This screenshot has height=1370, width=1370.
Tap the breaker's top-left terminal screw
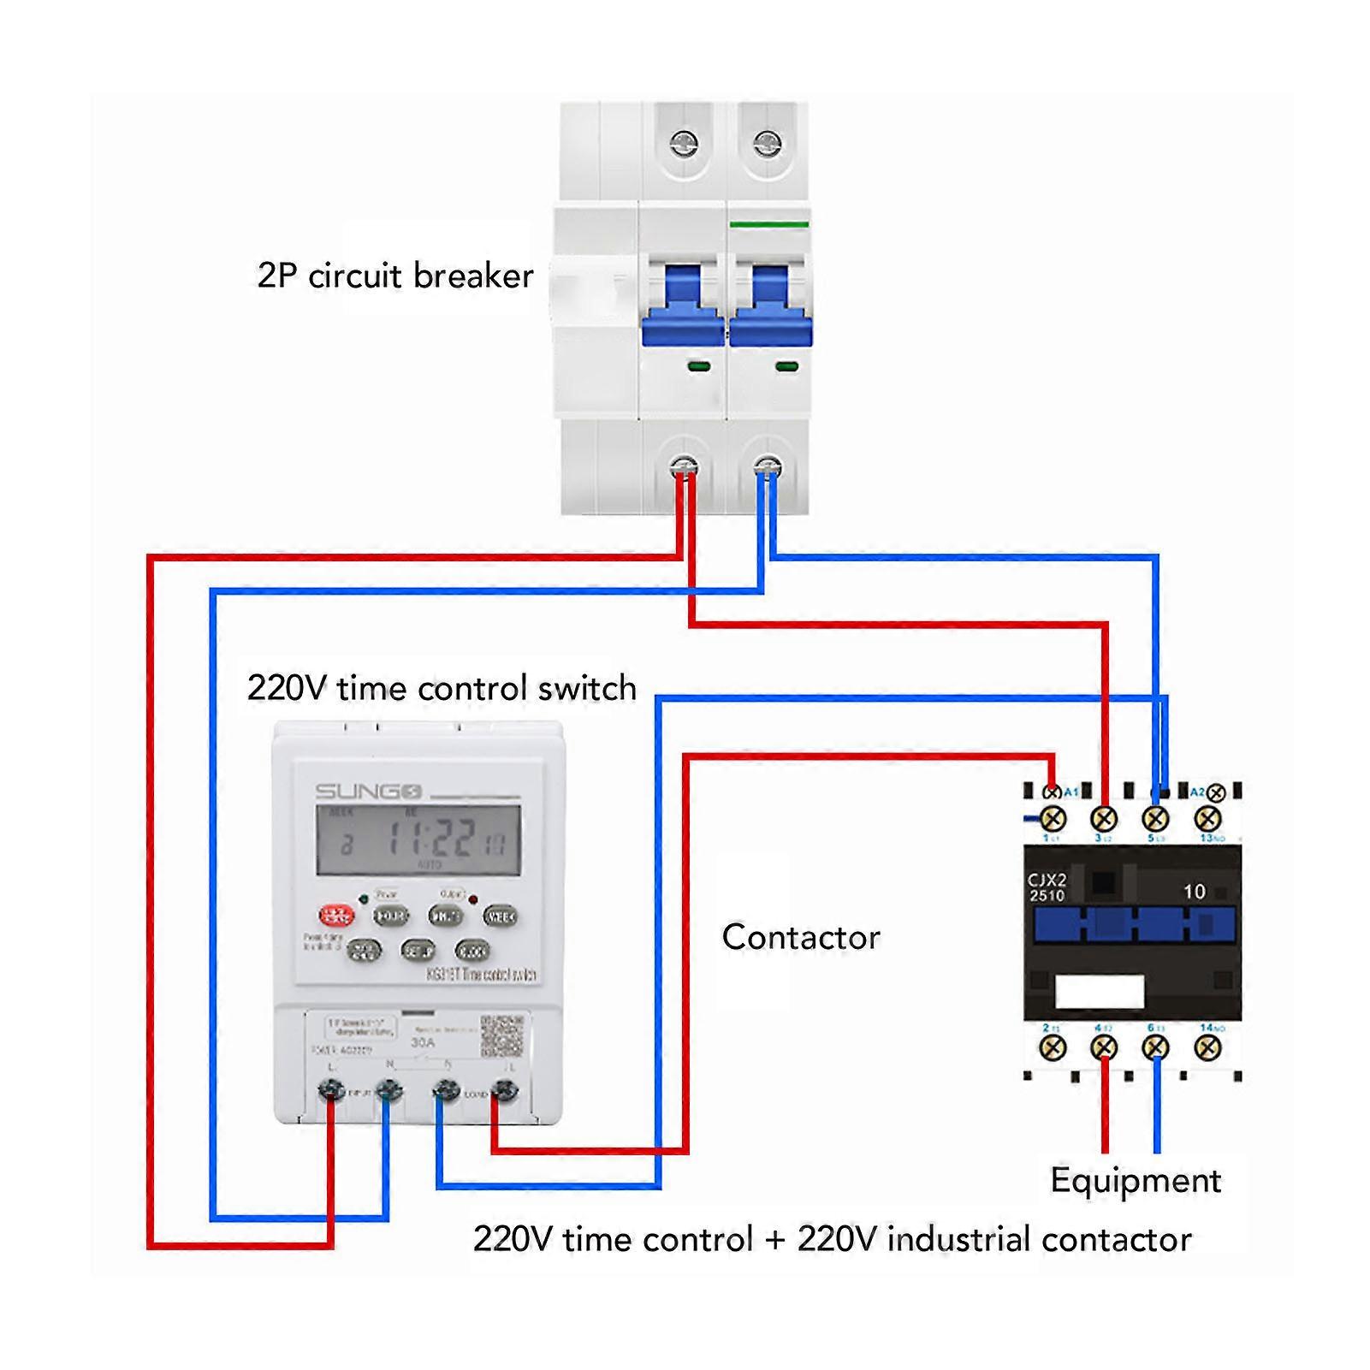(684, 144)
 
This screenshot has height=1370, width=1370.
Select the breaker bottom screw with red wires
(684, 467)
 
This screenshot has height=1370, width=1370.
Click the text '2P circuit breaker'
(395, 276)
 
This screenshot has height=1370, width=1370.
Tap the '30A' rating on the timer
(423, 1043)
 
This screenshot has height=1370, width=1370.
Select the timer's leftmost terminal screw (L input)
(331, 1090)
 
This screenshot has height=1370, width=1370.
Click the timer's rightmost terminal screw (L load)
(505, 1090)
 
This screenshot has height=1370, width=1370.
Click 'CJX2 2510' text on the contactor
(1047, 887)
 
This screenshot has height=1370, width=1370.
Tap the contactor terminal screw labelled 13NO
(1207, 819)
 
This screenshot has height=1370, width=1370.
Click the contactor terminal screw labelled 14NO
(1207, 1047)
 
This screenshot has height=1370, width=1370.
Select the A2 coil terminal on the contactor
(1215, 793)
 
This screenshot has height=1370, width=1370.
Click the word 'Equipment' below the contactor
(1136, 1181)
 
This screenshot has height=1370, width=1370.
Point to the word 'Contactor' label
(801, 937)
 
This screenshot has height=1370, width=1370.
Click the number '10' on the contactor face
(1194, 892)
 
